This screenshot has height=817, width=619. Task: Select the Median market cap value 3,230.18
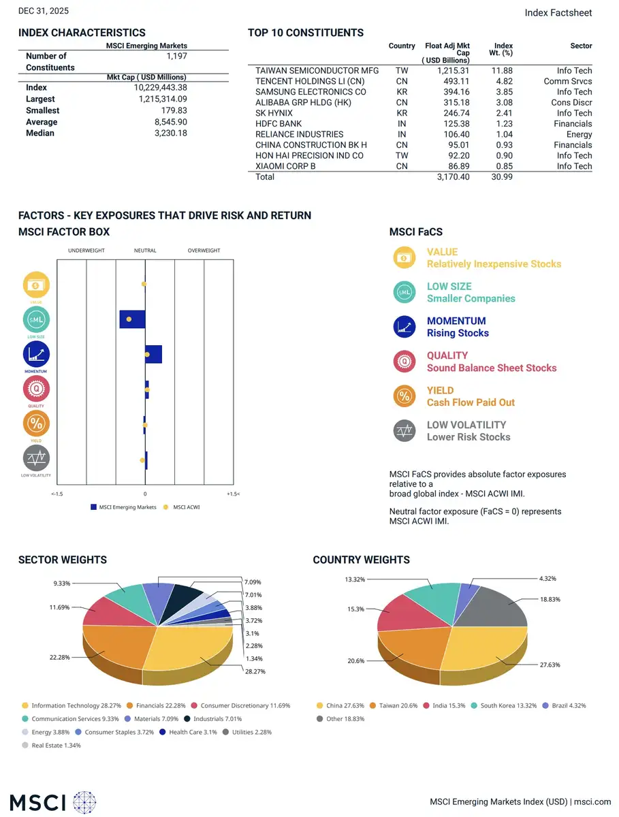point(171,133)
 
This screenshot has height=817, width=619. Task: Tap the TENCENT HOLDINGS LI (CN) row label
point(310,81)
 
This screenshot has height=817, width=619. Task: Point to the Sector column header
point(581,46)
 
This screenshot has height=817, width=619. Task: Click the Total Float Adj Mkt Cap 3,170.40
point(453,177)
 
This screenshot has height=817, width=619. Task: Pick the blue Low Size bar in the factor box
point(132,319)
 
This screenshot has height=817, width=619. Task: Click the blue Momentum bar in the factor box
point(153,354)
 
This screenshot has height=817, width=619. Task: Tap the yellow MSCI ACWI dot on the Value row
point(144,285)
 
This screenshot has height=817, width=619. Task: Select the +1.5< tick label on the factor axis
point(234,494)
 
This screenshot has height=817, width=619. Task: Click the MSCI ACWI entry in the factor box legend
point(182,507)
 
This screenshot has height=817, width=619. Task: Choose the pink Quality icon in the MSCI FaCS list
point(404,361)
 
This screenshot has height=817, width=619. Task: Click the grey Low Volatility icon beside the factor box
point(36,458)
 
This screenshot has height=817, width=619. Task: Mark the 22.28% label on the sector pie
point(59,657)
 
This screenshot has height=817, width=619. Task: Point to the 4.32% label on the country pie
point(547,579)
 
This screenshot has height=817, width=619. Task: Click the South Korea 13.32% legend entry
point(504,705)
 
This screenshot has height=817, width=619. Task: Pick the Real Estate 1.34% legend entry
point(51,745)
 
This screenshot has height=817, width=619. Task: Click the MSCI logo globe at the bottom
point(84,803)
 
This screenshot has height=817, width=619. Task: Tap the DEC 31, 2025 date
point(44,11)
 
